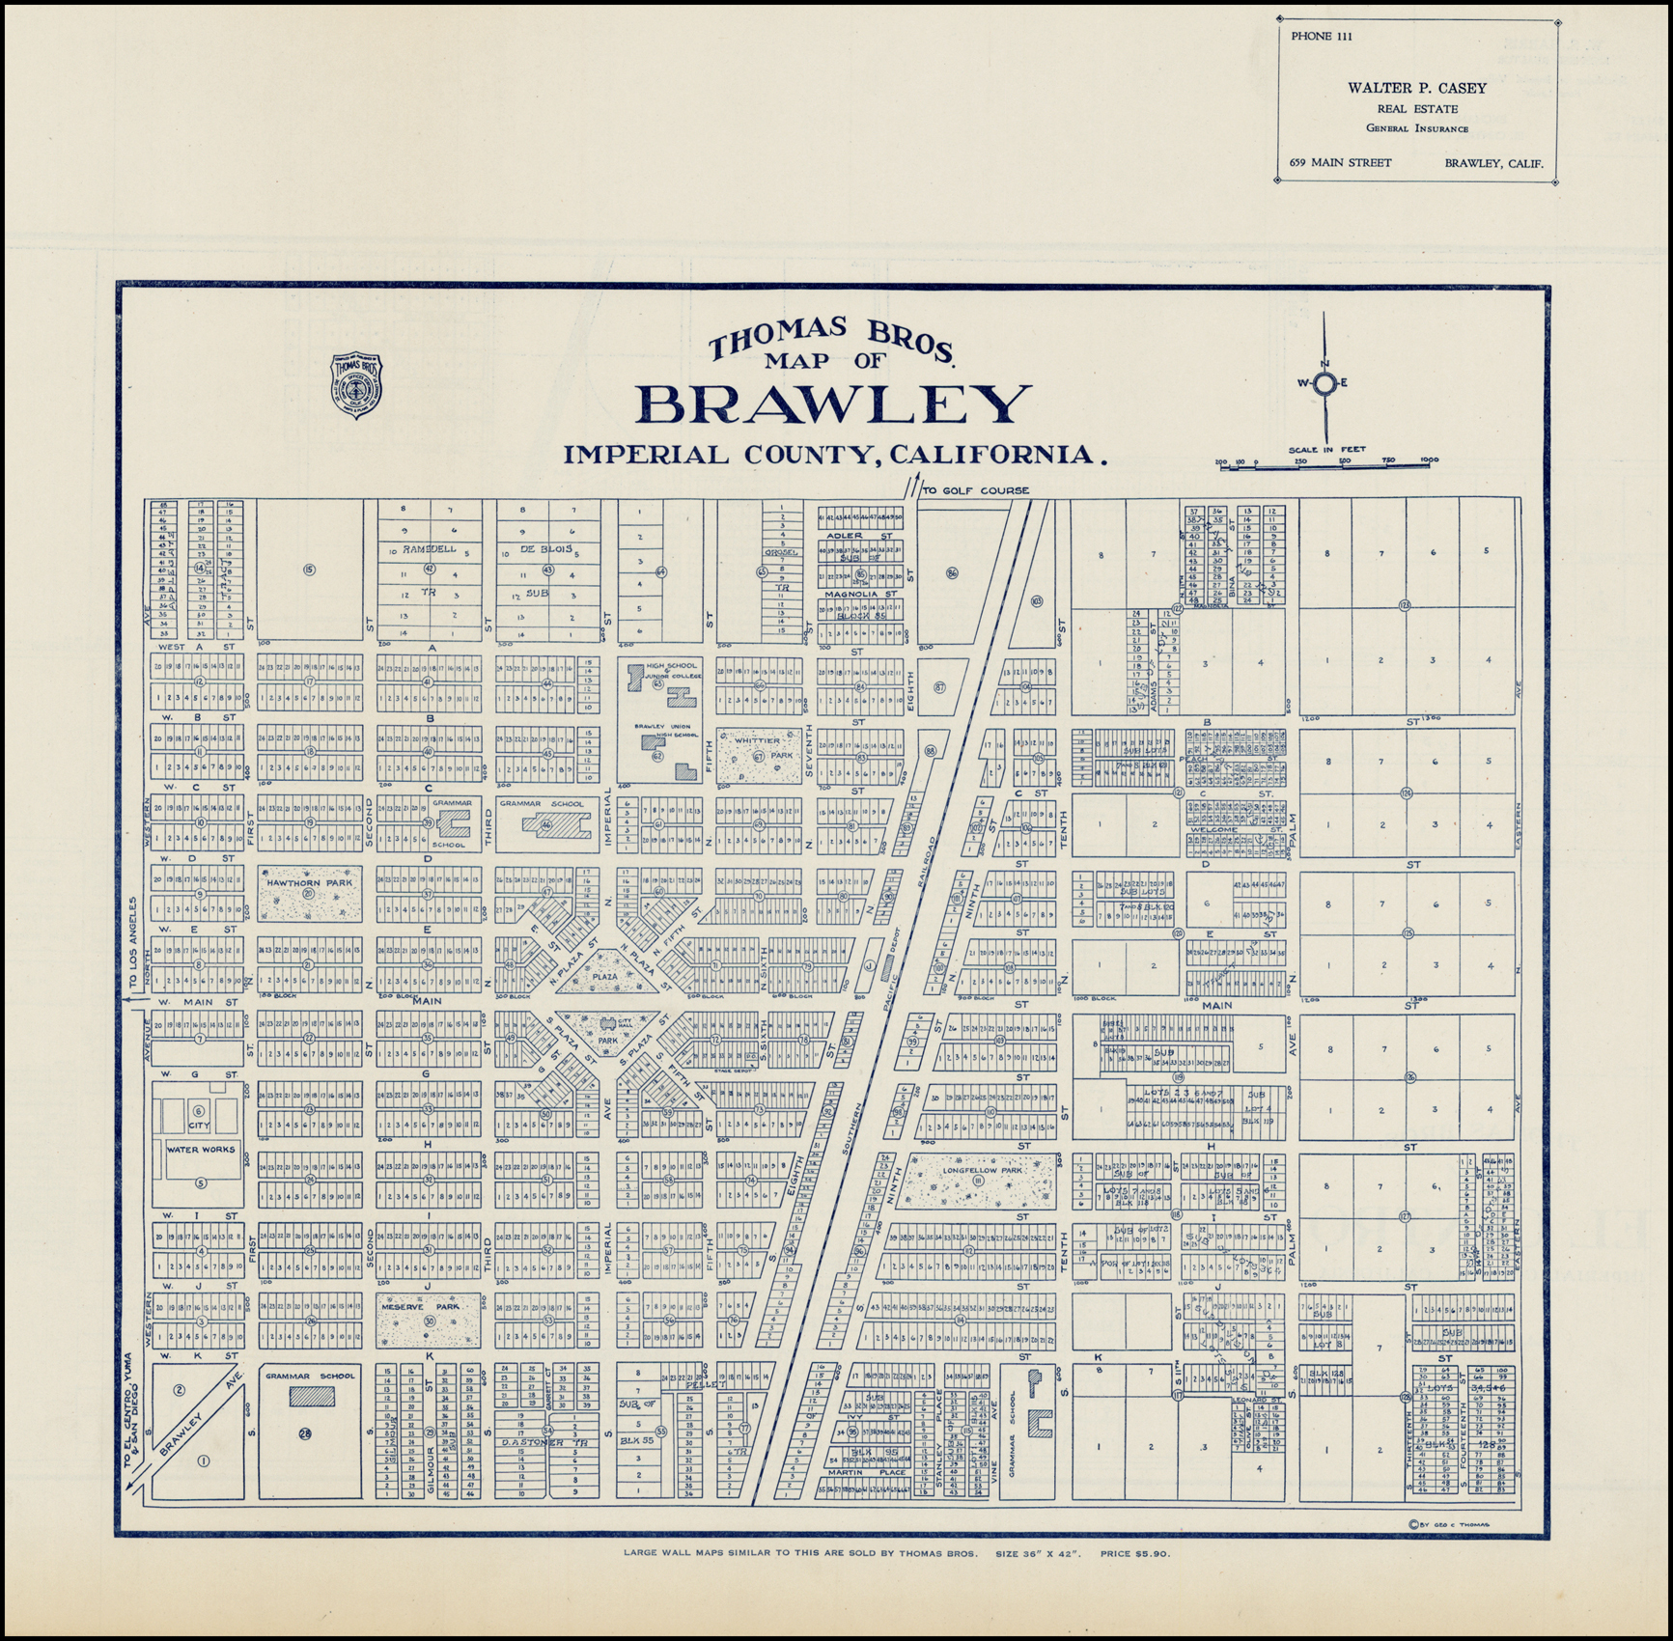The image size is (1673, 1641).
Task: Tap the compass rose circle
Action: click(x=1325, y=383)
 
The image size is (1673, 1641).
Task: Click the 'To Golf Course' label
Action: click(x=975, y=490)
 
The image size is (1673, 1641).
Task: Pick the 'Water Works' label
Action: click(x=200, y=1150)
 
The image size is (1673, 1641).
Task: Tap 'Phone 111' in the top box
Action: click(x=1321, y=38)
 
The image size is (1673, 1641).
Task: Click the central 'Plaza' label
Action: click(x=605, y=976)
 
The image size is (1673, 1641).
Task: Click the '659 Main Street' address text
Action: click(x=1340, y=162)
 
